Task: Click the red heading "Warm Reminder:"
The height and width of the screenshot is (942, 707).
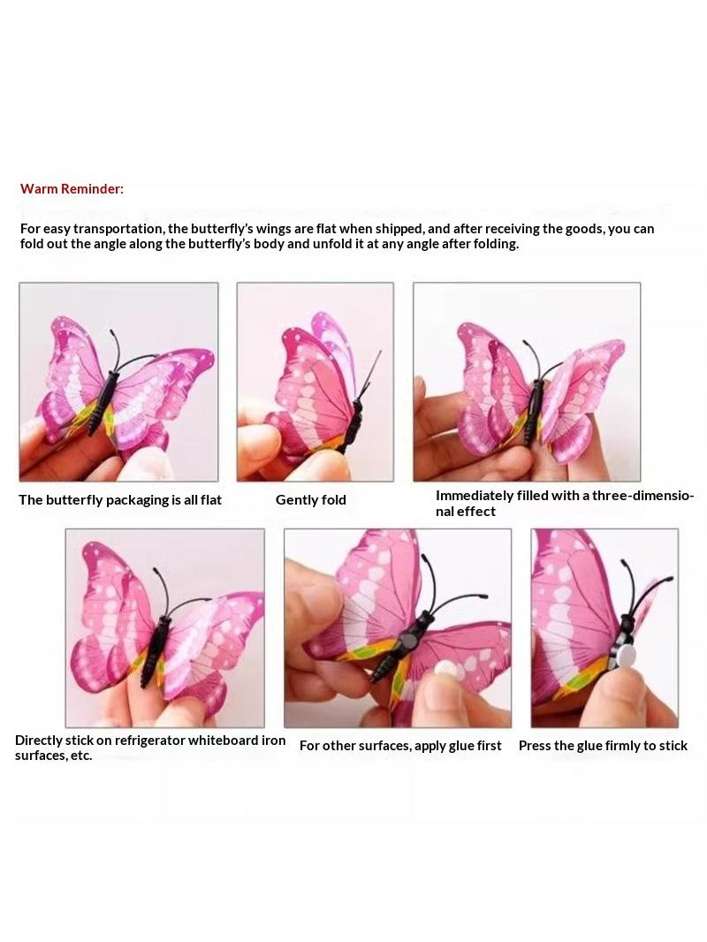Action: (72, 188)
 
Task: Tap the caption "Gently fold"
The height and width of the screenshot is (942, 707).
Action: (310, 500)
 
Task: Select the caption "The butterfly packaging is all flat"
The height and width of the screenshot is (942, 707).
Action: (120, 500)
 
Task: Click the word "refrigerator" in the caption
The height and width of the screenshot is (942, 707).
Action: (149, 741)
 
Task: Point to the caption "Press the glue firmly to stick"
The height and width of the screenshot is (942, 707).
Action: (603, 746)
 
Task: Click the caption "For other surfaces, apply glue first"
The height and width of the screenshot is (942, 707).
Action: (400, 746)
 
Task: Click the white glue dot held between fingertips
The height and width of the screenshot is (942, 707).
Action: (445, 667)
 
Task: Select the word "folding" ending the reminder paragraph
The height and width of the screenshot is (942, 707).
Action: (495, 244)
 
